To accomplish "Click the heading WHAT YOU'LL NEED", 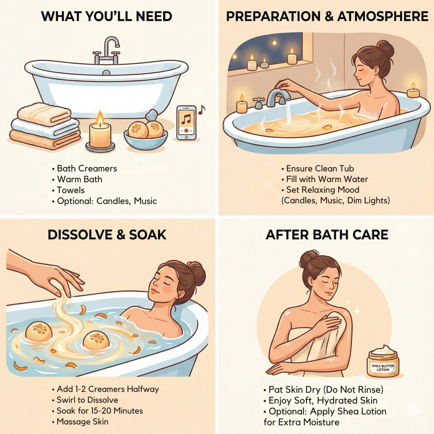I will (107, 16).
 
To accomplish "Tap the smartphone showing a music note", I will (186, 123).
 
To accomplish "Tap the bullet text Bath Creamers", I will (87, 168).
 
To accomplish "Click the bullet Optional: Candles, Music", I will (107, 201).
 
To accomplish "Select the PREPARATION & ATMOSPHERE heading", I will (327, 16).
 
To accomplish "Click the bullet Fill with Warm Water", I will (327, 179).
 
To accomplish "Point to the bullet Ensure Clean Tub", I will (320, 168).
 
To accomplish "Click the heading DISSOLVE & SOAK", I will (107, 235).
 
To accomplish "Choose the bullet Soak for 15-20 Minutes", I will (99, 411).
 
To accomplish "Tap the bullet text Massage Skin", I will (82, 422).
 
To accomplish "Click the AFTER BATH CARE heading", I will (327, 235).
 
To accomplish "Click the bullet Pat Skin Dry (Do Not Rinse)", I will (326, 389).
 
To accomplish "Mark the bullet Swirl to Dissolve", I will (87, 400).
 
